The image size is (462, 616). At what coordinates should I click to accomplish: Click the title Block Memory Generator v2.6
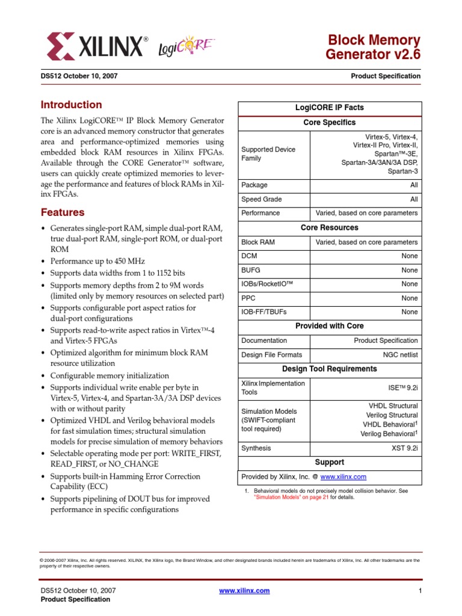pos(373,48)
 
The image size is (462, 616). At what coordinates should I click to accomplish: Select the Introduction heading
pos(71,105)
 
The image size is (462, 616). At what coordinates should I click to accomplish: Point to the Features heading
pos(63,212)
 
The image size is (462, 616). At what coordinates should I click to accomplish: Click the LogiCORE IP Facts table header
pos(329,108)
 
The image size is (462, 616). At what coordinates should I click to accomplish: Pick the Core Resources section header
pos(329,228)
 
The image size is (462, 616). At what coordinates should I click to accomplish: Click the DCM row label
pos(249,256)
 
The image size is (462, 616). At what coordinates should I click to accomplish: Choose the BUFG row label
pos(251,270)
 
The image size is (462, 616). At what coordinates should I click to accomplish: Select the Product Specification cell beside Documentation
pos(386,340)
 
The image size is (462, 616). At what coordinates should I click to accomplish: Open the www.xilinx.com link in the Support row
pos(343,477)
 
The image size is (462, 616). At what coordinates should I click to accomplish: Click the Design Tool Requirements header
pos(329,369)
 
